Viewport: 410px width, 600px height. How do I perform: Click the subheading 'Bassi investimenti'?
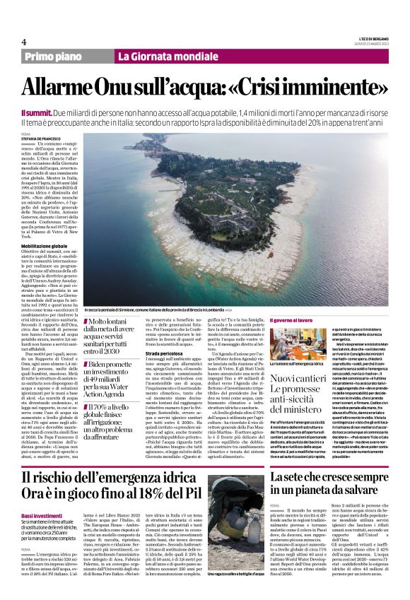click(43, 517)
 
